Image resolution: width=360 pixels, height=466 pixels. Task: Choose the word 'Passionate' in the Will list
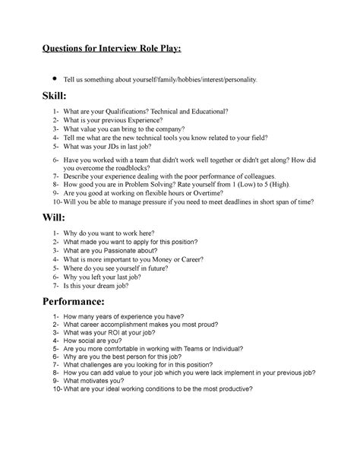(115, 250)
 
